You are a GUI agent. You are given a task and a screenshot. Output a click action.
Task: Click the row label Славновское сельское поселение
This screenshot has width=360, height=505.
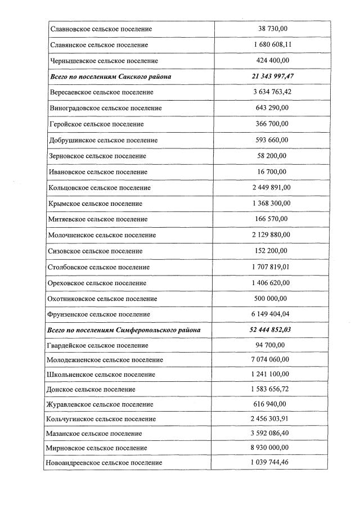(101, 29)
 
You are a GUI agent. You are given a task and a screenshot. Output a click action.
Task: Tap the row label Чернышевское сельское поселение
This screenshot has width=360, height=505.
(104, 60)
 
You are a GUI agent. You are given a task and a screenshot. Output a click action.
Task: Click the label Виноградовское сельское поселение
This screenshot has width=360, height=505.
(106, 107)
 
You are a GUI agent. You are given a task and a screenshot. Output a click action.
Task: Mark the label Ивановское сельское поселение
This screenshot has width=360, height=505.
(98, 172)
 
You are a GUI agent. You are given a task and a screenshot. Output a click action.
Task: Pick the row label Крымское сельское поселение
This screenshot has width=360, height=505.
(96, 203)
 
